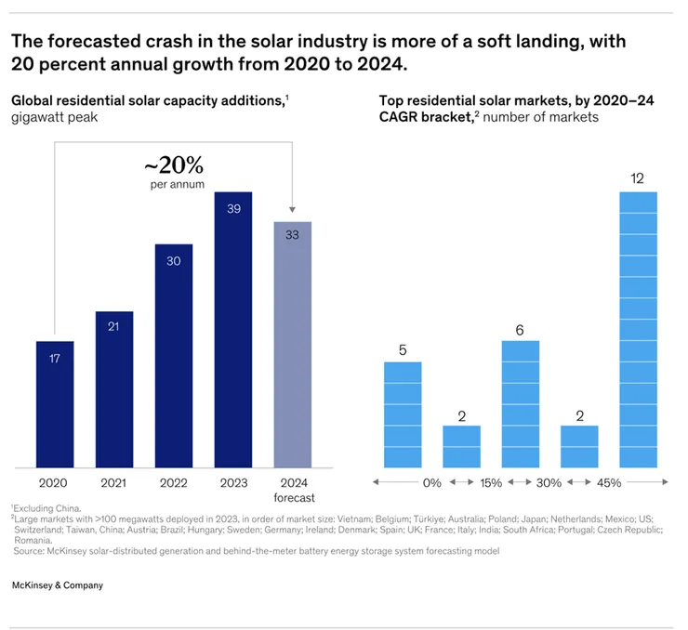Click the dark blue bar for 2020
click(x=55, y=404)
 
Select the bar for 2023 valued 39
click(x=233, y=330)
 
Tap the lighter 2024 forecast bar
click(x=292, y=345)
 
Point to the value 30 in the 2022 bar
click(x=173, y=261)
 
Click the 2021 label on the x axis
click(x=113, y=483)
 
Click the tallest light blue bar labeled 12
click(x=638, y=330)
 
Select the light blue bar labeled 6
click(x=520, y=404)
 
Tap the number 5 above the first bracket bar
click(x=402, y=350)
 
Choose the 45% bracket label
click(x=608, y=483)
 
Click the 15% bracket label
click(x=490, y=483)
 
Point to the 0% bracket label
click(x=431, y=483)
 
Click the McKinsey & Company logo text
click(x=58, y=585)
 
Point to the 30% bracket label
click(x=549, y=483)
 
